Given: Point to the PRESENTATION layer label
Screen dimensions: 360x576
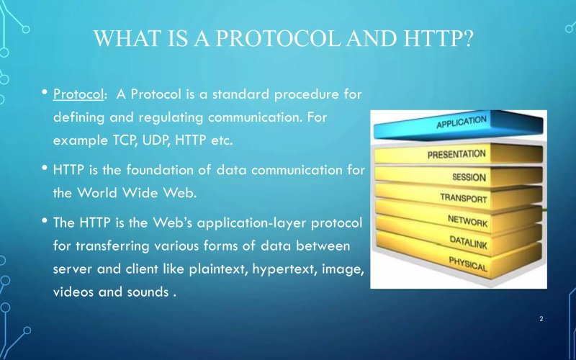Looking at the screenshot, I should [x=456, y=154].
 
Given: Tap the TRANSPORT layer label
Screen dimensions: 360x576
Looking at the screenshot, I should [x=463, y=198].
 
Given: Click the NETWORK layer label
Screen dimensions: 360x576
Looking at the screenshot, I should [x=467, y=220].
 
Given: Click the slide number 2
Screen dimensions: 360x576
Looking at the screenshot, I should [x=541, y=318].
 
